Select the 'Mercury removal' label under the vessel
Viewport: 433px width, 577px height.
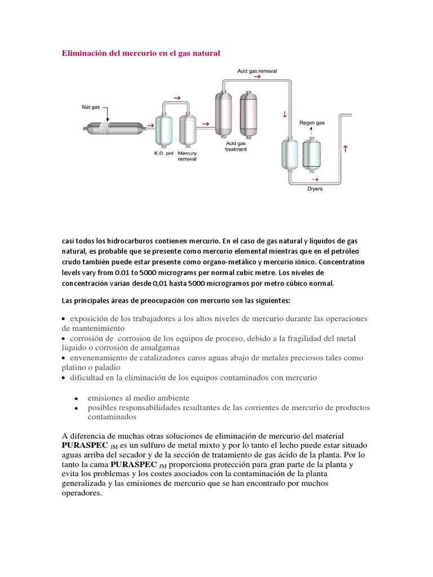pos(187,156)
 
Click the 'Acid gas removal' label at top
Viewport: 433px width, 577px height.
pos(257,72)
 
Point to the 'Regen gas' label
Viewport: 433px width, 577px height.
pos(311,122)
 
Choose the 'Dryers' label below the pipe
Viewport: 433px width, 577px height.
pos(315,189)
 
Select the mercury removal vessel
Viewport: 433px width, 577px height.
pos(187,130)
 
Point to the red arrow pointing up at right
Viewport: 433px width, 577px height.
pos(345,149)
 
